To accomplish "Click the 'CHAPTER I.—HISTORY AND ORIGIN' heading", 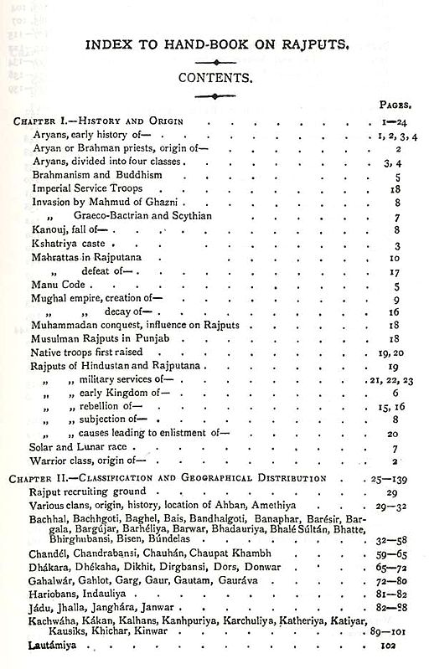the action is tap(98, 121).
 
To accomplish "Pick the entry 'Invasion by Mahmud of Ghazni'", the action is tap(102, 203).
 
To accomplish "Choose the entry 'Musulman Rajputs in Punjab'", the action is tap(96, 339).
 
